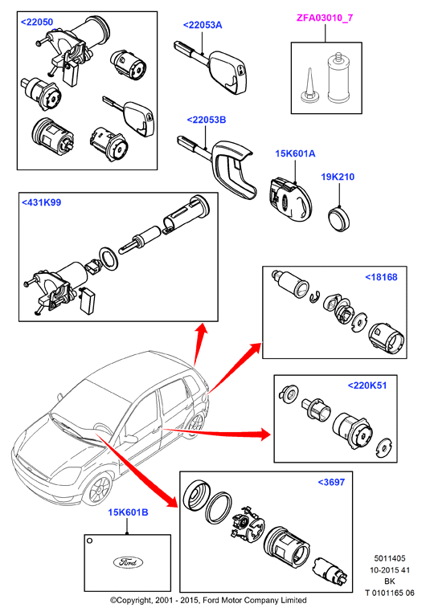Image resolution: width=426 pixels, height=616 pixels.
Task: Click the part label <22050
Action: click(37, 22)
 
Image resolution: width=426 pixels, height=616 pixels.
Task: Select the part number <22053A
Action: click(203, 25)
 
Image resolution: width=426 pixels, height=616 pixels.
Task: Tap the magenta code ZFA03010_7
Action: click(325, 18)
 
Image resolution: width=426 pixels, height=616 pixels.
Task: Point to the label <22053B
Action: click(207, 120)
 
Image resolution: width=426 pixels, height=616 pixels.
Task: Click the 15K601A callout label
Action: click(295, 153)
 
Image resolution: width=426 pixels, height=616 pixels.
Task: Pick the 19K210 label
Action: click(338, 177)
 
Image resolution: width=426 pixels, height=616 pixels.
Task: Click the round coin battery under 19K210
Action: click(339, 218)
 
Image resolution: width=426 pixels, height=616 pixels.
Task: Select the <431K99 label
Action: click(41, 202)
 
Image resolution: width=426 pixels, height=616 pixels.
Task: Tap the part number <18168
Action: click(381, 277)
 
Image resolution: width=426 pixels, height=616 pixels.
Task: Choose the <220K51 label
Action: click(367, 386)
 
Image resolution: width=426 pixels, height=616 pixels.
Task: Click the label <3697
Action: click(331, 483)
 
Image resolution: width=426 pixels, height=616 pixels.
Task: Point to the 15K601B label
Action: click(129, 512)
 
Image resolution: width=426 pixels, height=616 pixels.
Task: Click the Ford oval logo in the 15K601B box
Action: click(128, 562)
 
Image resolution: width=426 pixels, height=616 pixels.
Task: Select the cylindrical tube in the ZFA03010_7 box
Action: click(338, 77)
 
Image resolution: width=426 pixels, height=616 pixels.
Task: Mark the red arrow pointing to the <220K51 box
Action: click(216, 433)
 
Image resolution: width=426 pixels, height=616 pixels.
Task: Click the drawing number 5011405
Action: click(389, 558)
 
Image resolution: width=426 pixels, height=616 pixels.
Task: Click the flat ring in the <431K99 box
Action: click(109, 259)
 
